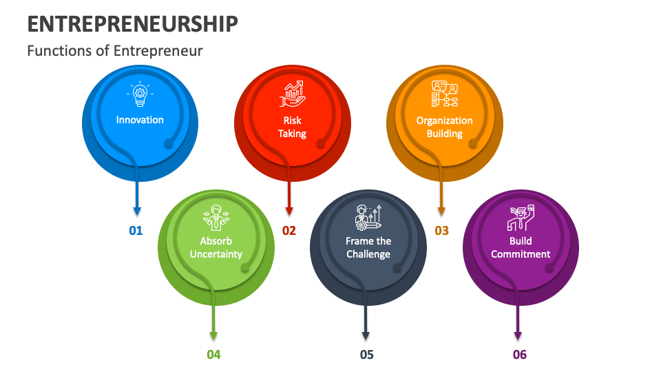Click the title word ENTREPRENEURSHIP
coord(133,24)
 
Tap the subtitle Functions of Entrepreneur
coord(115,50)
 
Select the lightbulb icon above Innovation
coord(140,94)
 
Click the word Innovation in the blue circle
coord(140,120)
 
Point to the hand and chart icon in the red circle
coord(292,94)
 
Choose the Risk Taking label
coord(292,127)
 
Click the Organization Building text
coord(444,127)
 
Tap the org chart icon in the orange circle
coord(444,94)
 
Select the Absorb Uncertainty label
coord(216,247)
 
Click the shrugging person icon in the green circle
coord(216,217)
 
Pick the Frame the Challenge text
coord(368,247)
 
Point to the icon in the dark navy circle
coord(368,217)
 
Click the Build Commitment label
coord(521,247)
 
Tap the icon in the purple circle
coord(521,217)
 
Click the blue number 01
coord(136,231)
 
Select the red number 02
coord(288,231)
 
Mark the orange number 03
coord(441,231)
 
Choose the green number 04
coord(213,355)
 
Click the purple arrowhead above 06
coord(518,335)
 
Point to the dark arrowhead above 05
coord(366,335)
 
